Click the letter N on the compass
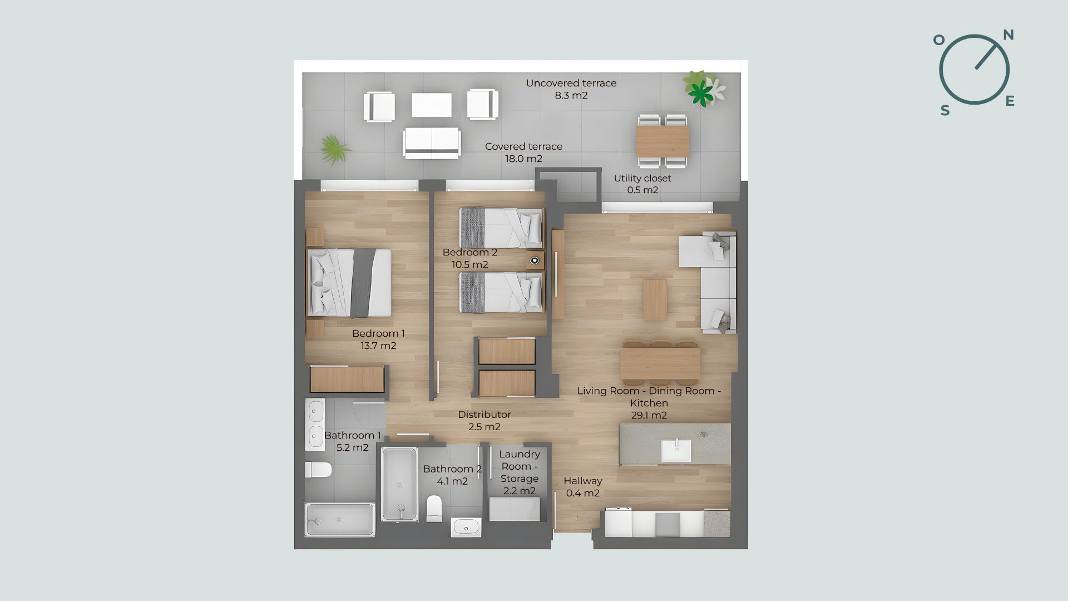pyautogui.click(x=1008, y=35)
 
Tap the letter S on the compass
pyautogui.click(x=945, y=111)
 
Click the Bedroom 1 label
pyautogui.click(x=378, y=333)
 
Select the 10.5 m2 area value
pyautogui.click(x=470, y=264)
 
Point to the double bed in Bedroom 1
pyautogui.click(x=349, y=283)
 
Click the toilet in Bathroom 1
pyautogui.click(x=318, y=470)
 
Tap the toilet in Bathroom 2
pyautogui.click(x=434, y=509)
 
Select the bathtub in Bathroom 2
pyautogui.click(x=399, y=484)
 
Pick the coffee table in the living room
pyautogui.click(x=655, y=299)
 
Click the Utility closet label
pyautogui.click(x=642, y=178)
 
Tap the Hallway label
pyautogui.click(x=583, y=481)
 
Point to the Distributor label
pyautogui.click(x=484, y=415)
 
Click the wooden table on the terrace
pyautogui.click(x=662, y=141)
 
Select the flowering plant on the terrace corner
pyautogui.click(x=704, y=88)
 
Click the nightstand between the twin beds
pyautogui.click(x=535, y=260)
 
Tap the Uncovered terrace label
pyautogui.click(x=571, y=83)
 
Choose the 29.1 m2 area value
pyautogui.click(x=649, y=415)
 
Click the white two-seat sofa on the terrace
pyautogui.click(x=432, y=143)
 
